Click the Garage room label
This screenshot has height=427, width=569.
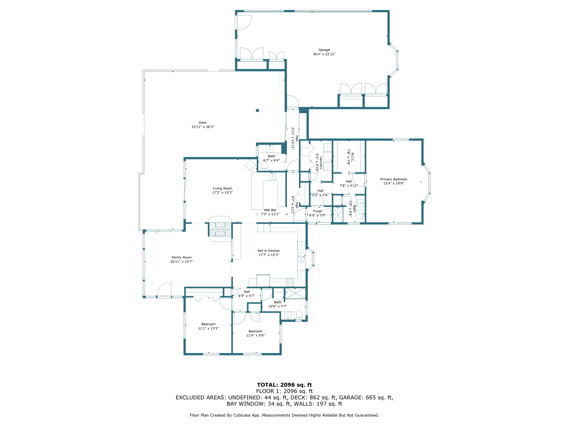[x=324, y=50]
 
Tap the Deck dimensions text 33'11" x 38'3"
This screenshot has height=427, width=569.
[x=203, y=127]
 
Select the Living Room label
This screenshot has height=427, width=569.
[x=222, y=188]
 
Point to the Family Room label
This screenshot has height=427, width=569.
[x=181, y=257]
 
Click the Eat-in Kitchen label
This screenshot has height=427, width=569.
[x=269, y=251]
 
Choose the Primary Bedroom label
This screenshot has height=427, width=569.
[x=393, y=179]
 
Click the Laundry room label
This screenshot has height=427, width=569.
[x=321, y=163]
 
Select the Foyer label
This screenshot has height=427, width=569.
[x=317, y=211]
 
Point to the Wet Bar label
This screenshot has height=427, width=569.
[x=270, y=210]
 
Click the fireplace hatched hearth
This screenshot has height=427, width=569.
[x=220, y=229]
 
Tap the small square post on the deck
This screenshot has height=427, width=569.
[x=258, y=111]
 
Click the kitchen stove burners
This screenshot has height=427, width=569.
[x=290, y=283]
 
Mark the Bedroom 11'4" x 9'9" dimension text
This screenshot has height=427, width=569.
[x=255, y=336]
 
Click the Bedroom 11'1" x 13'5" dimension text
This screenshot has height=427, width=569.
[x=208, y=328]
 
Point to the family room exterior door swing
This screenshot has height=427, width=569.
[x=164, y=289]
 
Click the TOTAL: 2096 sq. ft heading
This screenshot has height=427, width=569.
[x=284, y=385]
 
